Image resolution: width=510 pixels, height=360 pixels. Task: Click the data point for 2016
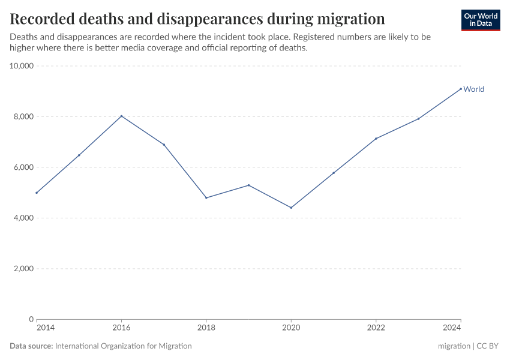click(x=121, y=116)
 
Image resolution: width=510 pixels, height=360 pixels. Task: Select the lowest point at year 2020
click(x=291, y=208)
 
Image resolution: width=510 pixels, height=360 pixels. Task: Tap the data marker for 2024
click(x=461, y=89)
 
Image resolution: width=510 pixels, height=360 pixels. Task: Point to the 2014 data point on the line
click(x=37, y=193)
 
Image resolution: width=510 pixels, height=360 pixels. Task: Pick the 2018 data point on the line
click(x=206, y=197)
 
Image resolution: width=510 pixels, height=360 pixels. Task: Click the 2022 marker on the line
click(x=376, y=139)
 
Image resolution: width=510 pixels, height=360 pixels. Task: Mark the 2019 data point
click(x=248, y=185)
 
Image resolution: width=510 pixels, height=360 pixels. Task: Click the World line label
click(x=473, y=89)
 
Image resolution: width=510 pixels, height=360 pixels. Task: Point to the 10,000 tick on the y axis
click(x=22, y=66)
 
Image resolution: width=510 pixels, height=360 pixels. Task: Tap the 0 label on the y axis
click(x=31, y=319)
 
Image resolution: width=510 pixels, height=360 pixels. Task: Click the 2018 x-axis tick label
click(x=206, y=328)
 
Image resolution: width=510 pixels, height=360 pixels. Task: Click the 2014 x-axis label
click(x=44, y=328)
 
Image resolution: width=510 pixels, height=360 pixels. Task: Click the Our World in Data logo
click(x=480, y=20)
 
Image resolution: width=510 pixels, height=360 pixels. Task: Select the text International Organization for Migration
click(x=123, y=346)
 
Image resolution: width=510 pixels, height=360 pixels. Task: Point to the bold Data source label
click(x=31, y=346)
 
